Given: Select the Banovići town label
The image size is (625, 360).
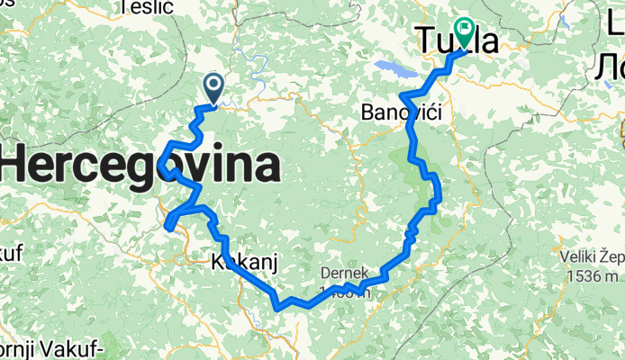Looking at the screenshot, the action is coord(397,112).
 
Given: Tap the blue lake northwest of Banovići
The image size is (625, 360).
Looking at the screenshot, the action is coord(390,68).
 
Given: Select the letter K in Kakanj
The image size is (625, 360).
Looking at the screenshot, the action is coord(216,261).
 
